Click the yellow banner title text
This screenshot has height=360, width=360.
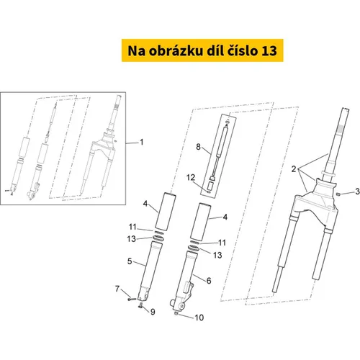tap(202, 50)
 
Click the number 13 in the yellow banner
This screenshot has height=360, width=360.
tap(269, 51)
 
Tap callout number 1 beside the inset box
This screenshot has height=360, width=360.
tap(142, 142)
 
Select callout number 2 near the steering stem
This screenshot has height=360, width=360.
tap(294, 169)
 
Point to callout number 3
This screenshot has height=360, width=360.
tap(357, 192)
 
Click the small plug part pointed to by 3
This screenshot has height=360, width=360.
tap(338, 194)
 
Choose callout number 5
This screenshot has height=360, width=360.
tap(130, 261)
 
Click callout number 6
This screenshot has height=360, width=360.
tap(209, 281)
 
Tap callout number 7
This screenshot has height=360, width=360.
tap(117, 289)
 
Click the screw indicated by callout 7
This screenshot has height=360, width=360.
tap(132, 299)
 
